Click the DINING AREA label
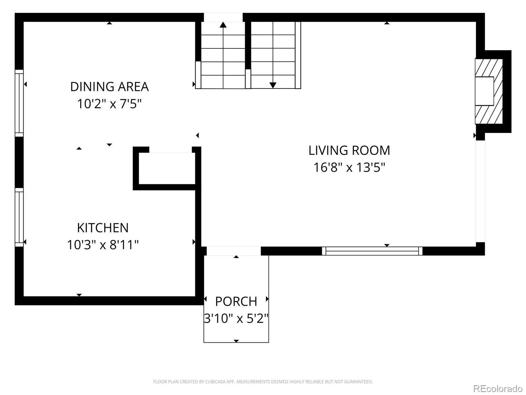109,87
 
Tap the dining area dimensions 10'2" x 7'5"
109,104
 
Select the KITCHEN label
103,227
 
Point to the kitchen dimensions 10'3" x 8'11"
103,245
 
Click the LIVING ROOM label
349,150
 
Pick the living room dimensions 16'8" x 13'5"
349,168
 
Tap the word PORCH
236,302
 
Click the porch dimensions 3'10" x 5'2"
236,319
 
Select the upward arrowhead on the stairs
223,24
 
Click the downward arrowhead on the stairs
273,85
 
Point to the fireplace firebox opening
485,91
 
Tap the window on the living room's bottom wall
372,251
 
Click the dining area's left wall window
19,103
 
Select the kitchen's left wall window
19,217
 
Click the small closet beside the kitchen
167,168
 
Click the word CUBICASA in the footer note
215,382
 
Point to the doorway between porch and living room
234,251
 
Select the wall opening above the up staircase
223,17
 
